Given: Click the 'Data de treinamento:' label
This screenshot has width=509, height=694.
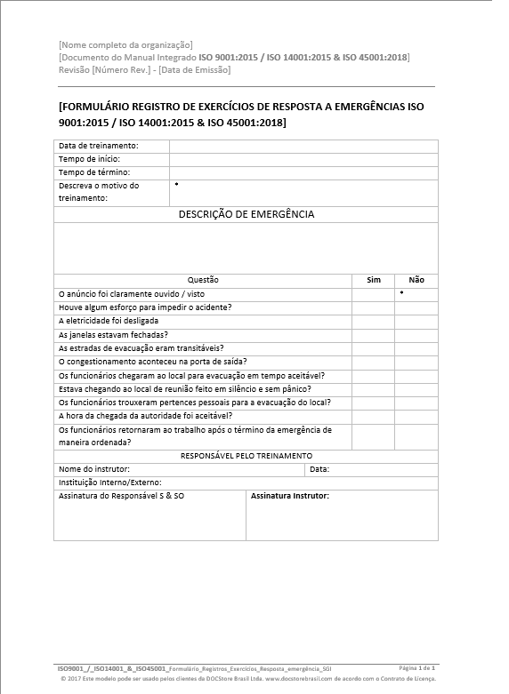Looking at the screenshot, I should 98,145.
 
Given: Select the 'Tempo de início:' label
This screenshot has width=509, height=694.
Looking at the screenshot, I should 89,158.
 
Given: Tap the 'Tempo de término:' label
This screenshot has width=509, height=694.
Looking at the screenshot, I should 94,172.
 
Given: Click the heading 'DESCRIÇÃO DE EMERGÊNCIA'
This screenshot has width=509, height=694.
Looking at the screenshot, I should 246,214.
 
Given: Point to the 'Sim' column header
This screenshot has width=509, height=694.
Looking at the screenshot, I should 374,280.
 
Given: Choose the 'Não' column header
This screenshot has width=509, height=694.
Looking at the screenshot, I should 416,280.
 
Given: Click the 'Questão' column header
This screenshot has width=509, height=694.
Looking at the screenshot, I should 203,280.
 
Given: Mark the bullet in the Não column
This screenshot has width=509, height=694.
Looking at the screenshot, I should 401,291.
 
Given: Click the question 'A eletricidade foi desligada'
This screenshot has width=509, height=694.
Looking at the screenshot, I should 109,321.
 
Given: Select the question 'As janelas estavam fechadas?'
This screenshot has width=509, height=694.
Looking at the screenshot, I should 113,334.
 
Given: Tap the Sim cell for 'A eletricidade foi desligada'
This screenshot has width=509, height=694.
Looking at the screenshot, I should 374,321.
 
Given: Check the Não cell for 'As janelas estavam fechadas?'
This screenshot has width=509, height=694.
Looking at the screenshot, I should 416,334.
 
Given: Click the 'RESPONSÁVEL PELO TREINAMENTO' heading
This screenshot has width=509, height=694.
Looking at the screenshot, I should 246,456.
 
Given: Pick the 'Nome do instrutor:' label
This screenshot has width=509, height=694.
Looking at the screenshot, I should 94,468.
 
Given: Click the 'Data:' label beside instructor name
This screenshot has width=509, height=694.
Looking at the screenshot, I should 319,468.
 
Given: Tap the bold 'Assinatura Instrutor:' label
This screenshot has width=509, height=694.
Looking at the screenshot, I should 290,496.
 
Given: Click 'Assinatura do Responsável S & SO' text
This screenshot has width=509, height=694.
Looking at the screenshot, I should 121,496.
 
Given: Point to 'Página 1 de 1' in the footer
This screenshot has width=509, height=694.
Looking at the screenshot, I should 416,666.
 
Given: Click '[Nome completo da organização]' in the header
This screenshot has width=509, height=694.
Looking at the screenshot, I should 125,44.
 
